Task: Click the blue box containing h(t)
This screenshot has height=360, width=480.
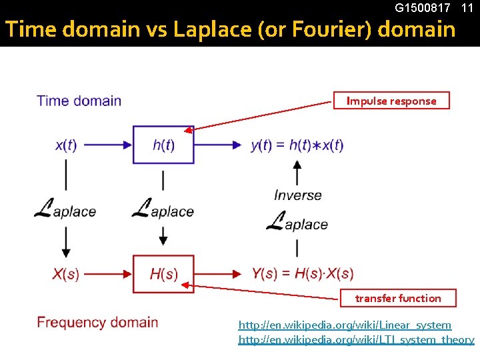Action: [x=163, y=145]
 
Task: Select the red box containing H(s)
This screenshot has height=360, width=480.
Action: [x=163, y=274]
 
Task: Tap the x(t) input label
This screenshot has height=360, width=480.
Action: [x=65, y=145]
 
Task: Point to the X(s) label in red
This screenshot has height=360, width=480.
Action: [x=65, y=274]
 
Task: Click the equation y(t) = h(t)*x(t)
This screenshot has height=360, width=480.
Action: [x=297, y=145]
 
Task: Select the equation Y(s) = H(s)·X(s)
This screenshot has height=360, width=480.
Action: [x=302, y=274]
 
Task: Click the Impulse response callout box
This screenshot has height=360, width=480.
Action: [x=391, y=101]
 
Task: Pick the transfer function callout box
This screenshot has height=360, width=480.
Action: [x=398, y=298]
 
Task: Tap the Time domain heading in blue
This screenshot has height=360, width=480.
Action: [x=79, y=101]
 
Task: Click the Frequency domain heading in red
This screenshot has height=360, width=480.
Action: [x=97, y=323]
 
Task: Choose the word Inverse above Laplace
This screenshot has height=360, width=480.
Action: [x=297, y=195]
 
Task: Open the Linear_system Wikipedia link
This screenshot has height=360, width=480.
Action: [x=345, y=325]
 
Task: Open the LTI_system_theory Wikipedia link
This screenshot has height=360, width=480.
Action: [x=356, y=340]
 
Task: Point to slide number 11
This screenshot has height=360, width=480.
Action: [x=467, y=8]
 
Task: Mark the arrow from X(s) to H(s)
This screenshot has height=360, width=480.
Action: [x=107, y=273]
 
